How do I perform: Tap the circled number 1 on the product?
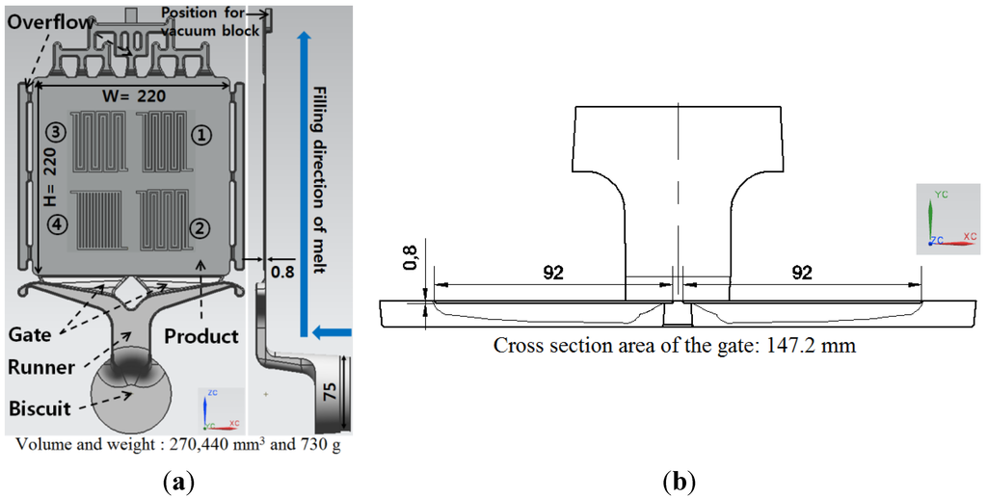click(201, 135)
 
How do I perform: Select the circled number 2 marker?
click(201, 228)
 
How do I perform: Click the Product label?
click(201, 336)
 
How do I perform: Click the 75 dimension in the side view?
click(331, 390)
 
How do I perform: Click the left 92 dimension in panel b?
click(552, 273)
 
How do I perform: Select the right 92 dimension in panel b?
click(801, 273)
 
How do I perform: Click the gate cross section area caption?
click(675, 345)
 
